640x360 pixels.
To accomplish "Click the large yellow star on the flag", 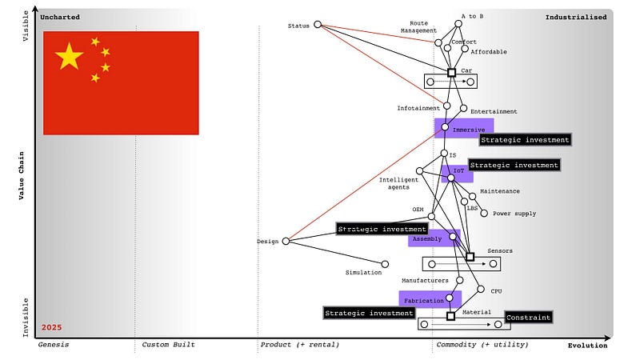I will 70,57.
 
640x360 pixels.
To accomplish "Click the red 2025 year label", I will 52,327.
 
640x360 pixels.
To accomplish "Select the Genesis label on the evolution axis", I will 54,345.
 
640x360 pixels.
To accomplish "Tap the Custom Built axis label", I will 168,345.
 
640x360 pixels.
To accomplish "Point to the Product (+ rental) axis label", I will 299,345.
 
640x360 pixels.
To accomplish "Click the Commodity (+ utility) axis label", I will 476,345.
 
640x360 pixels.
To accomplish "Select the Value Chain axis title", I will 24,186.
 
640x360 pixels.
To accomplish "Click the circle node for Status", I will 318,25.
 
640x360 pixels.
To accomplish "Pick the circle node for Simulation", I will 385,264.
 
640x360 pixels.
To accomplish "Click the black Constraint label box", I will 528,318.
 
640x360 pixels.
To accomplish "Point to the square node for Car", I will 451,72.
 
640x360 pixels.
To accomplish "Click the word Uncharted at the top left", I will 61,17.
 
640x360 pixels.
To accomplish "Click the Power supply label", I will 514,214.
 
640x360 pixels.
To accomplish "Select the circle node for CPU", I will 481,290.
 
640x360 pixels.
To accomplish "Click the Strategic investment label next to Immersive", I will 525,139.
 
